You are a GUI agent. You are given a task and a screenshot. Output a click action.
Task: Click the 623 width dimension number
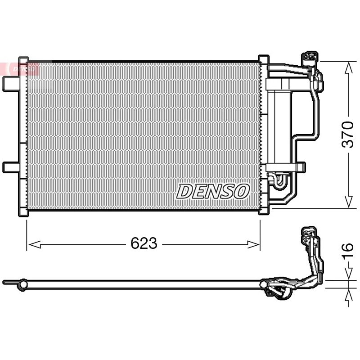144,243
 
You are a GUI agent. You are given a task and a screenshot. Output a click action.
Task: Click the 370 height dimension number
347,135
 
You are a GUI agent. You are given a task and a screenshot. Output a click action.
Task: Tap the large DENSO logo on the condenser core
213,191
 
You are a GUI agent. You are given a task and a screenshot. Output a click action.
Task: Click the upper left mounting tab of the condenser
11,84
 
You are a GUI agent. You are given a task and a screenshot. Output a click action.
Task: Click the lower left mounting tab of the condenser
11,167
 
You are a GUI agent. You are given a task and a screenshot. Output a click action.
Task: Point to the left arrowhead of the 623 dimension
35,244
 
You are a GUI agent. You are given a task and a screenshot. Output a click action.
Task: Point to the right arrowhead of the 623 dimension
253,244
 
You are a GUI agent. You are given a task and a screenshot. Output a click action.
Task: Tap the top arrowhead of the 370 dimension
349,67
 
